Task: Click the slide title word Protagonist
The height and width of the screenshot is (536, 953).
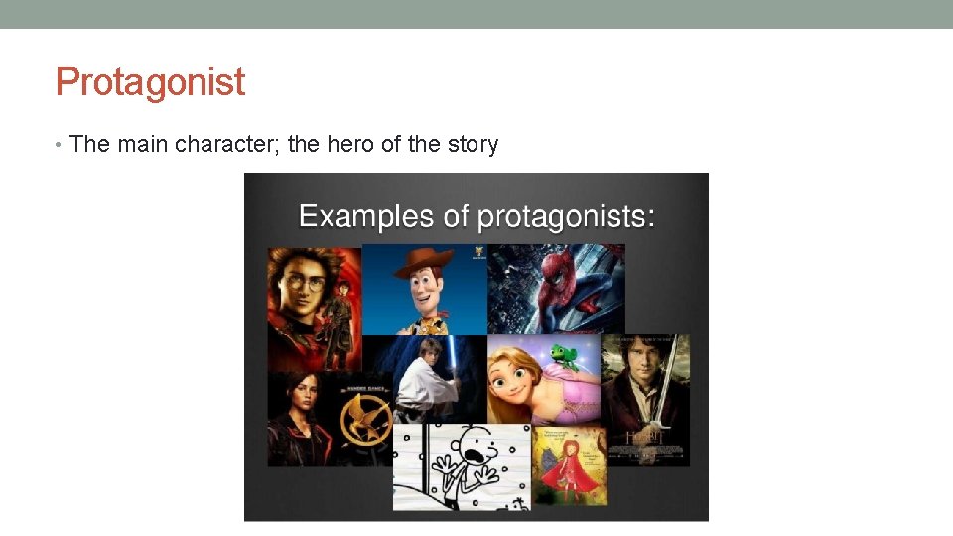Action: point(150,81)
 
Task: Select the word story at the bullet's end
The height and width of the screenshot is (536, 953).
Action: point(473,144)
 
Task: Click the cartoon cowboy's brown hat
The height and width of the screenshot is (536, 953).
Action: point(423,260)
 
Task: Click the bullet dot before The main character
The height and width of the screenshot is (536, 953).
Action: point(61,145)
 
